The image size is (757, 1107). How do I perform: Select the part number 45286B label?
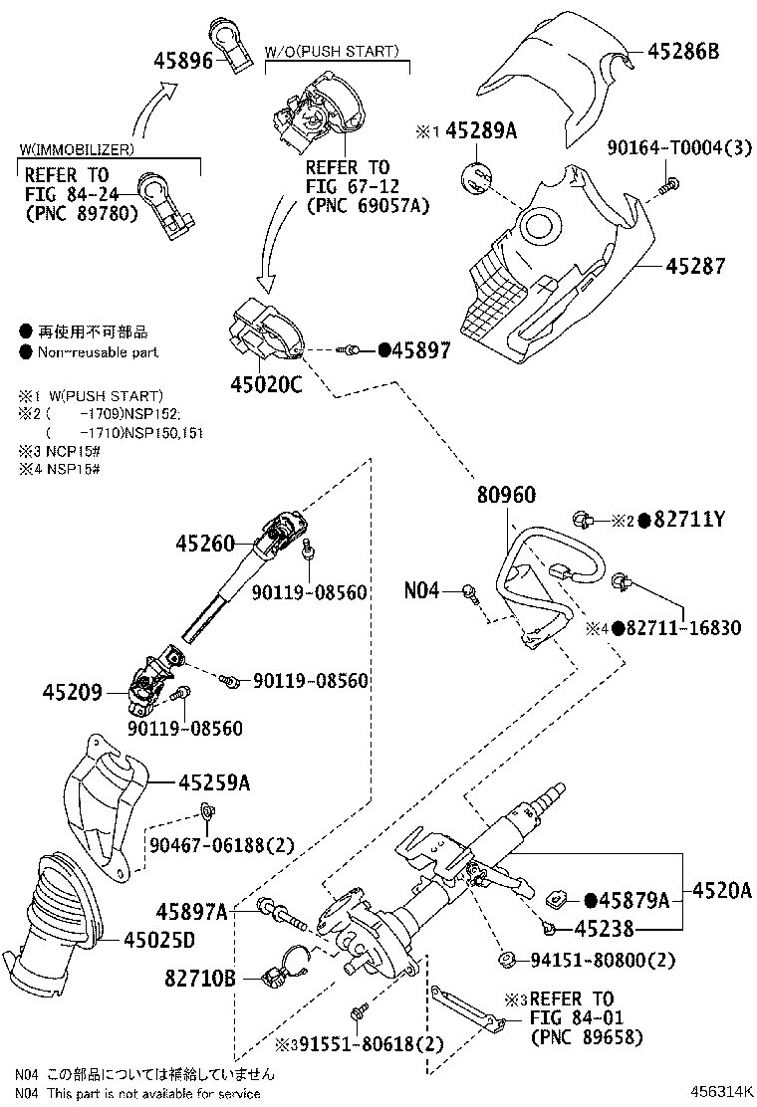click(x=683, y=49)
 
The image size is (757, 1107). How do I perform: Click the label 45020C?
click(x=264, y=384)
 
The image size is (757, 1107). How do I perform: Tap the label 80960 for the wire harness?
click(x=506, y=494)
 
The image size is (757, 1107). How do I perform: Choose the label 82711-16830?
click(x=684, y=627)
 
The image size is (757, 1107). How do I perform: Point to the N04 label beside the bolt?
click(x=421, y=591)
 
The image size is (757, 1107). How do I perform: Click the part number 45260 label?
click(x=205, y=544)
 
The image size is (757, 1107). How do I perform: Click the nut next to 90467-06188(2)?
click(x=209, y=811)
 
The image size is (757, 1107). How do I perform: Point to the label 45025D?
click(x=159, y=938)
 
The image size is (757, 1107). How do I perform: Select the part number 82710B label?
click(x=200, y=978)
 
